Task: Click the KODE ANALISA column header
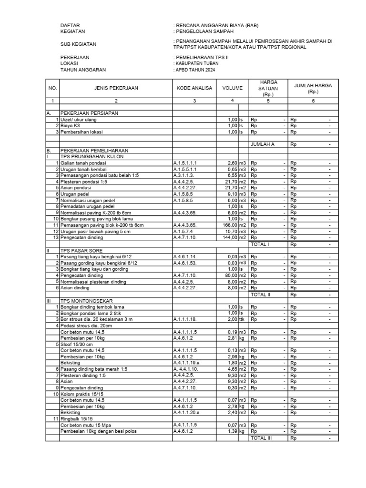pos(194,88)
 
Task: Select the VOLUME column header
pos(232,88)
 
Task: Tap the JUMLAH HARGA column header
pos(313,88)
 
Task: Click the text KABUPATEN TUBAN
pos(197,63)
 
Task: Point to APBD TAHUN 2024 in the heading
pos(195,70)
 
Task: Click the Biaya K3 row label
pos(70,125)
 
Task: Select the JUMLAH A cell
pos(261,143)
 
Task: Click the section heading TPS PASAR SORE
pos(81,250)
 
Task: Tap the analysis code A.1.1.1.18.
pos(186,319)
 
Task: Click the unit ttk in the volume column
pos(242,319)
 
